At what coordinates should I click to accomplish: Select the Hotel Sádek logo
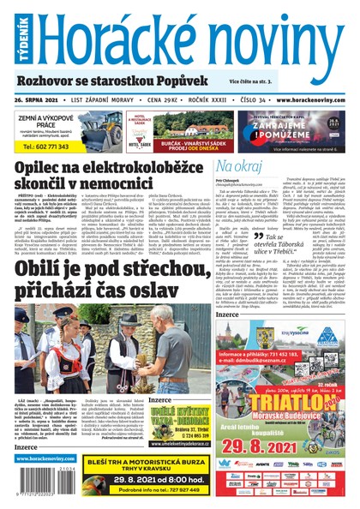pos(139,127)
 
